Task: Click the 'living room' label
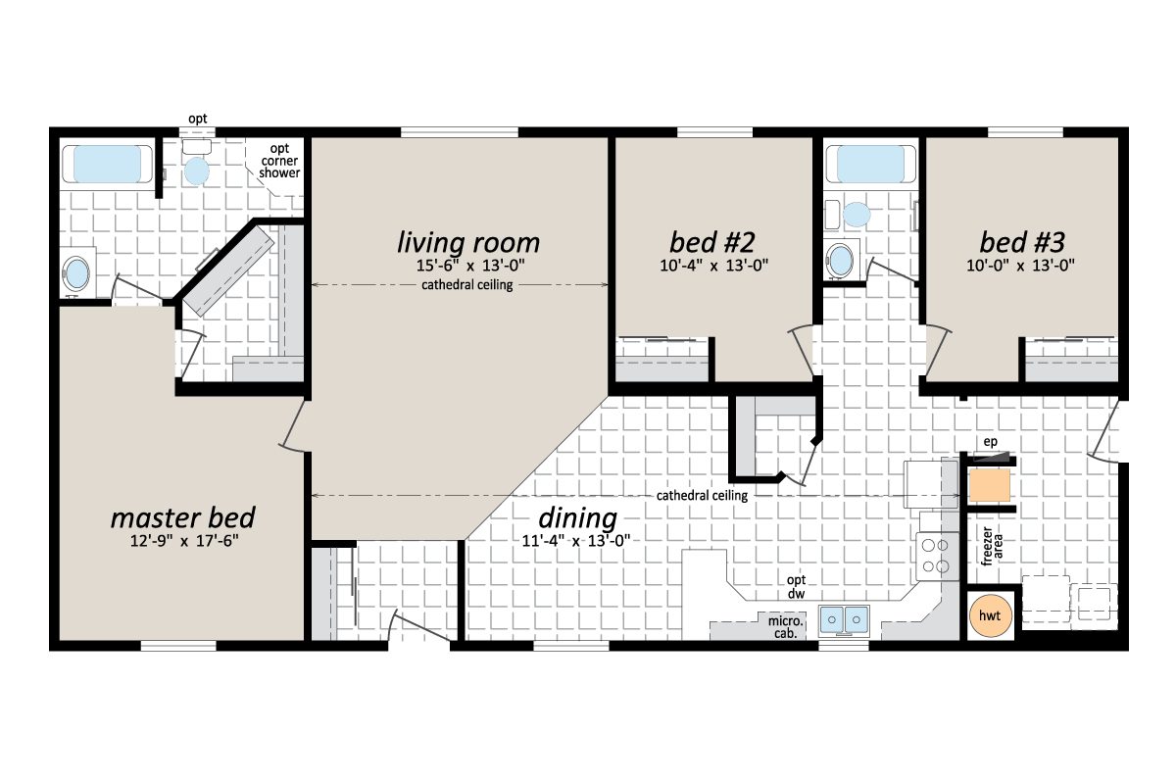pos(467,241)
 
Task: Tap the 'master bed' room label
pos(182,516)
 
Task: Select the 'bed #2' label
pos(710,241)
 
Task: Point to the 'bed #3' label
pos(1021,241)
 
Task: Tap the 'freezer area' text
pos(994,547)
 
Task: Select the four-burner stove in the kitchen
pos(935,555)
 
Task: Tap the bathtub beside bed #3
pos(871,164)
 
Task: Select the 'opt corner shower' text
pos(279,161)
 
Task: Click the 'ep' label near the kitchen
pos(991,442)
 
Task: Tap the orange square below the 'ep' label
pos(990,485)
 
